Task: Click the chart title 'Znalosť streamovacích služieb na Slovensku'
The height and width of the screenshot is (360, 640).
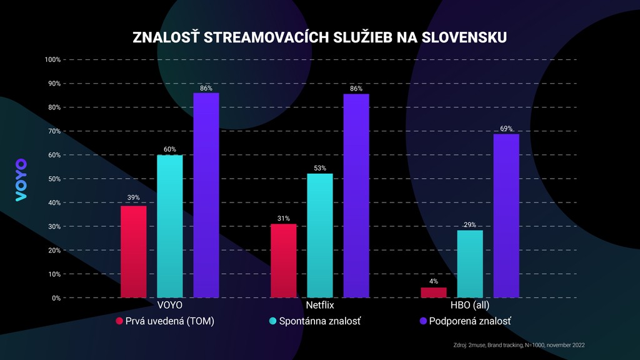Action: click(x=319, y=37)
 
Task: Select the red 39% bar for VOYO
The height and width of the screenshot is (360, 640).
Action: click(x=134, y=252)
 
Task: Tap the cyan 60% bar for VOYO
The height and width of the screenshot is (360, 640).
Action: click(x=170, y=226)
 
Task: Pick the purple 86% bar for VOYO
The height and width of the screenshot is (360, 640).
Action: click(x=206, y=195)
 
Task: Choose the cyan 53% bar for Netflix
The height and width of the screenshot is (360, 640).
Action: click(x=320, y=236)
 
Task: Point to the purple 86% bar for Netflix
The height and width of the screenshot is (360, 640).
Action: click(x=356, y=196)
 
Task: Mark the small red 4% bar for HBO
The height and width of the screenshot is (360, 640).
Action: click(x=434, y=292)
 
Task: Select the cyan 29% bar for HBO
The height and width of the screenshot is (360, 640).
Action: click(x=470, y=264)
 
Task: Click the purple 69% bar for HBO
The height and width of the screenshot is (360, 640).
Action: click(x=506, y=216)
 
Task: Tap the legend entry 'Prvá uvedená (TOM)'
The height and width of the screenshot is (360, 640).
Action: click(x=166, y=321)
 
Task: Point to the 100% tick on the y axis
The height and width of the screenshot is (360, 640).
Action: click(x=52, y=60)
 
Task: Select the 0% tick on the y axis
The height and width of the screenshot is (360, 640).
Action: click(x=55, y=298)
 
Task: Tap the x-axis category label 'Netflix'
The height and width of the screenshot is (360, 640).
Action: click(x=320, y=306)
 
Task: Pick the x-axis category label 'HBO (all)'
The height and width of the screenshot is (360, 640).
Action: click(x=470, y=306)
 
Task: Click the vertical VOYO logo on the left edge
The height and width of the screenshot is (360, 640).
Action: click(x=21, y=180)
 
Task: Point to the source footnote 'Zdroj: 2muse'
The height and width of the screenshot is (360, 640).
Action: click(x=518, y=345)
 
